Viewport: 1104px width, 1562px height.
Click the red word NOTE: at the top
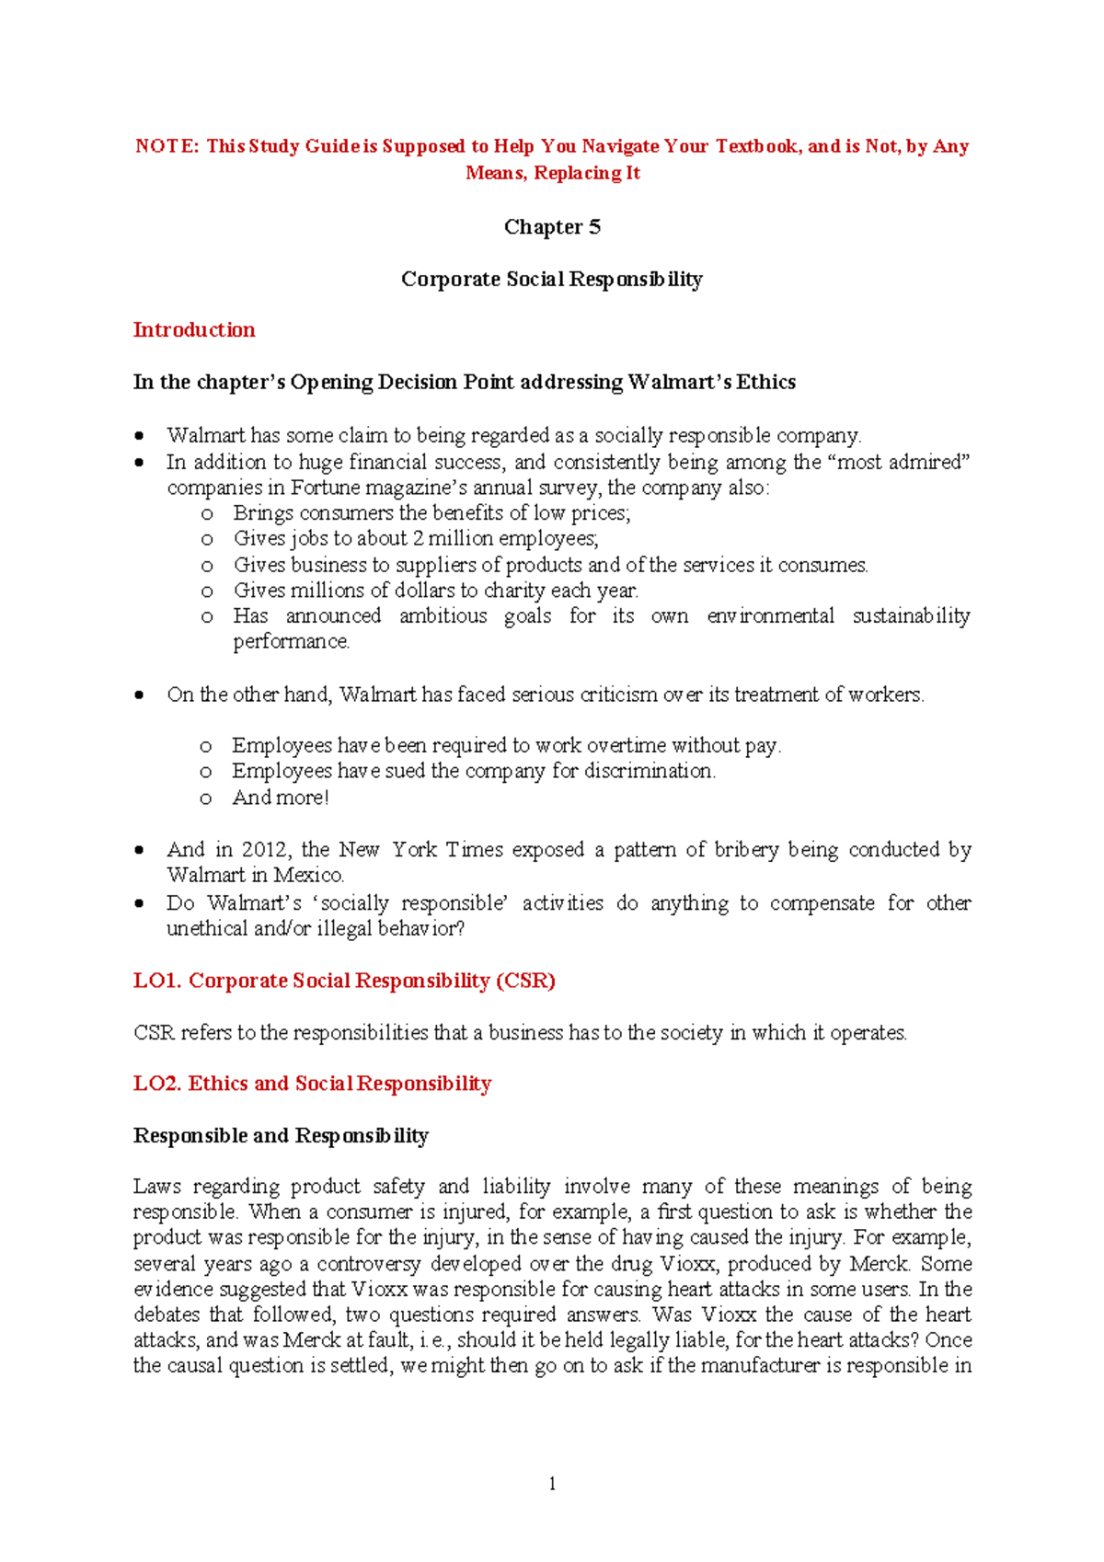click(167, 146)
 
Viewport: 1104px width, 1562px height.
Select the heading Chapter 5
click(552, 227)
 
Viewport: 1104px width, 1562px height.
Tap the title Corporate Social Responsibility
click(552, 280)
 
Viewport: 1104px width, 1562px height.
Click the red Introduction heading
click(194, 330)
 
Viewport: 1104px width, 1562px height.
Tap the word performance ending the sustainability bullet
click(290, 642)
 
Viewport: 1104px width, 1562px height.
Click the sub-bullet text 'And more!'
click(281, 798)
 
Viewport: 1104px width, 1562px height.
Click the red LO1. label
click(156, 982)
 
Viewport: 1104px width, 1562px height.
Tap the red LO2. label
click(156, 1085)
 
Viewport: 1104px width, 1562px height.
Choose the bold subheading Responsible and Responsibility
click(281, 1136)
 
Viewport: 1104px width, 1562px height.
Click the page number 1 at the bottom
click(552, 1484)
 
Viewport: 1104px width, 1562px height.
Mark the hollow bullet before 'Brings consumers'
click(207, 514)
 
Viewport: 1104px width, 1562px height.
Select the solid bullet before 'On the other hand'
click(139, 695)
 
